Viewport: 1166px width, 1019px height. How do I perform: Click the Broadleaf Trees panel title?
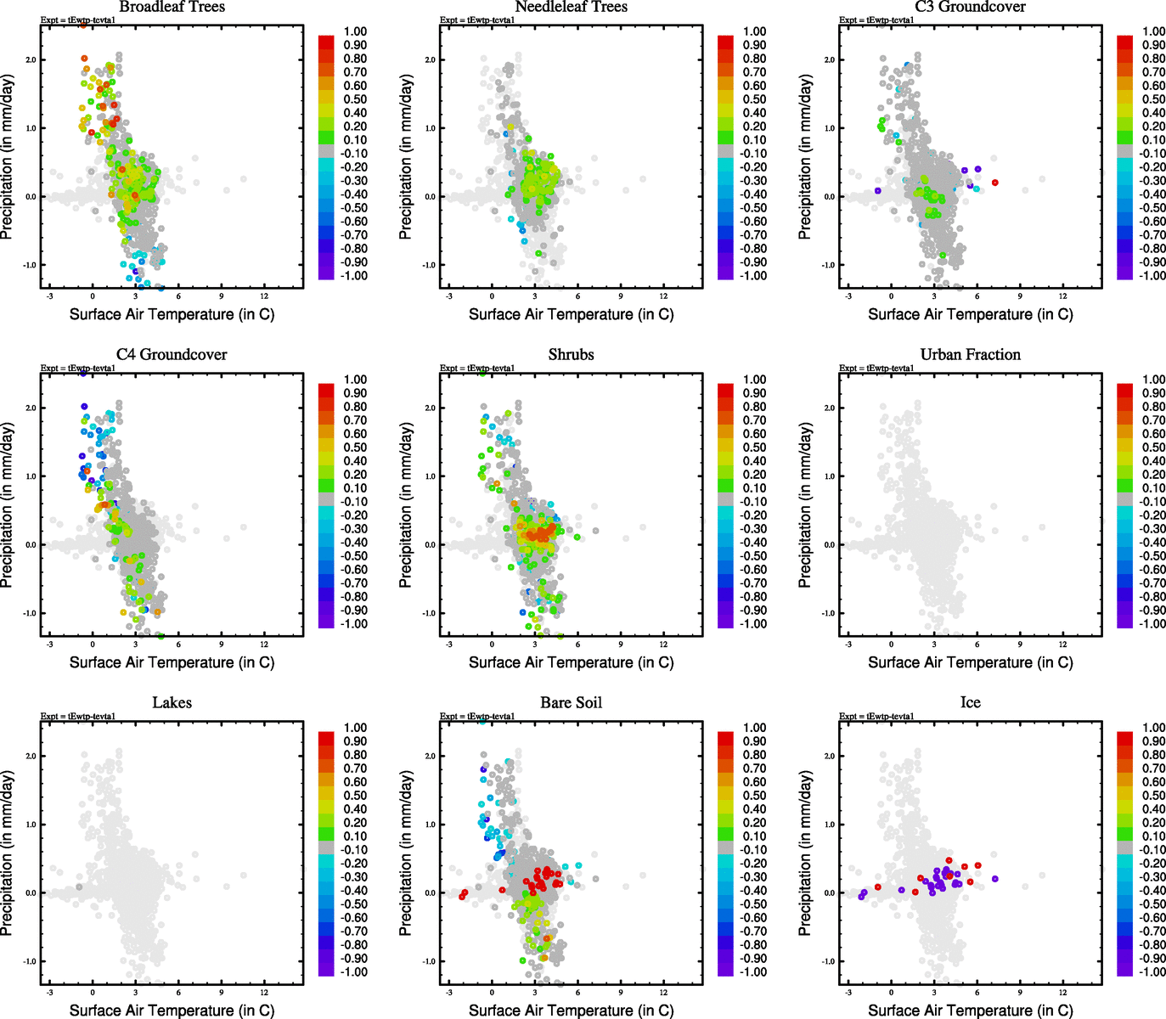(172, 7)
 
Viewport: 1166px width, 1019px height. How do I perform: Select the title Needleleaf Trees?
(571, 7)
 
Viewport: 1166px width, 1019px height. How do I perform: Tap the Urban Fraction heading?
(970, 355)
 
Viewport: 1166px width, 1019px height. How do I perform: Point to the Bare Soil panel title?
(571, 703)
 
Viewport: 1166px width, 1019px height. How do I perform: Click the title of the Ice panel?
(970, 703)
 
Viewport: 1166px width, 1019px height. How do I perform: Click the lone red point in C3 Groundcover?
(994, 183)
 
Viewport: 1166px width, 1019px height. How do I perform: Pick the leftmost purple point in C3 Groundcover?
(877, 190)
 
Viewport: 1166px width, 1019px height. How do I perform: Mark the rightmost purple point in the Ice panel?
(994, 879)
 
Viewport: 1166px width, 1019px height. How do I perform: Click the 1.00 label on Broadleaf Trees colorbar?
(355, 31)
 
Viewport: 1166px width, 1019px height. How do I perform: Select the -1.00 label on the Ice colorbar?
(1152, 971)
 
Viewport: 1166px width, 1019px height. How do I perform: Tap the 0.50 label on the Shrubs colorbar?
(754, 448)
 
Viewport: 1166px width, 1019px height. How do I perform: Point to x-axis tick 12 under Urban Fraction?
(1062, 645)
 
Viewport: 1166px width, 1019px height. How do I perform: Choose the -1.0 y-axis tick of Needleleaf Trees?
(429, 265)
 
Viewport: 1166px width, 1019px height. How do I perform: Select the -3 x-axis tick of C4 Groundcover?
(49, 645)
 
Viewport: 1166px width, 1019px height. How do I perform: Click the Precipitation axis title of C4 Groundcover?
(8, 505)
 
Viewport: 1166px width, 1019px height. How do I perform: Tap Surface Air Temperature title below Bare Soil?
(571, 1011)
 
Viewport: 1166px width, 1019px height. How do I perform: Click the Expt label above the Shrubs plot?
(476, 368)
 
